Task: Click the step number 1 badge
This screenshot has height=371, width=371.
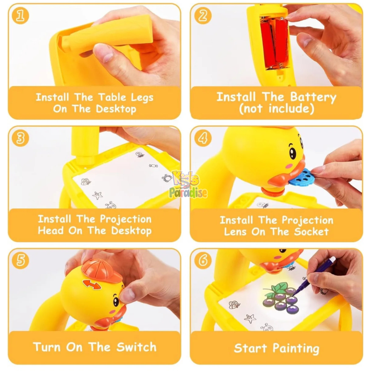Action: (20, 16)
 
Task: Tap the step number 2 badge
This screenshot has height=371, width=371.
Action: (203, 16)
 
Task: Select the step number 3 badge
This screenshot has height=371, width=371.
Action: (20, 138)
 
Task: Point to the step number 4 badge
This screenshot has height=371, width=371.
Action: (203, 138)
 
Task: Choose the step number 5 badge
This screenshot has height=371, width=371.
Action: (20, 261)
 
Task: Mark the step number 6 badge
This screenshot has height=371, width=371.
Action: (203, 261)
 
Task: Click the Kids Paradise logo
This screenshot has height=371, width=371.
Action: (188, 185)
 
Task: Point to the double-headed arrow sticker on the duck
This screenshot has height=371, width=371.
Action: (91, 284)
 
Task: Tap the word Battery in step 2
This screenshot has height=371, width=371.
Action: (313, 97)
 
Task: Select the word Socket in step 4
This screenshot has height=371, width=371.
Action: (311, 231)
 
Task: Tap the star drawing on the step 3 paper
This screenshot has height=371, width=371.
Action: (97, 195)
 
